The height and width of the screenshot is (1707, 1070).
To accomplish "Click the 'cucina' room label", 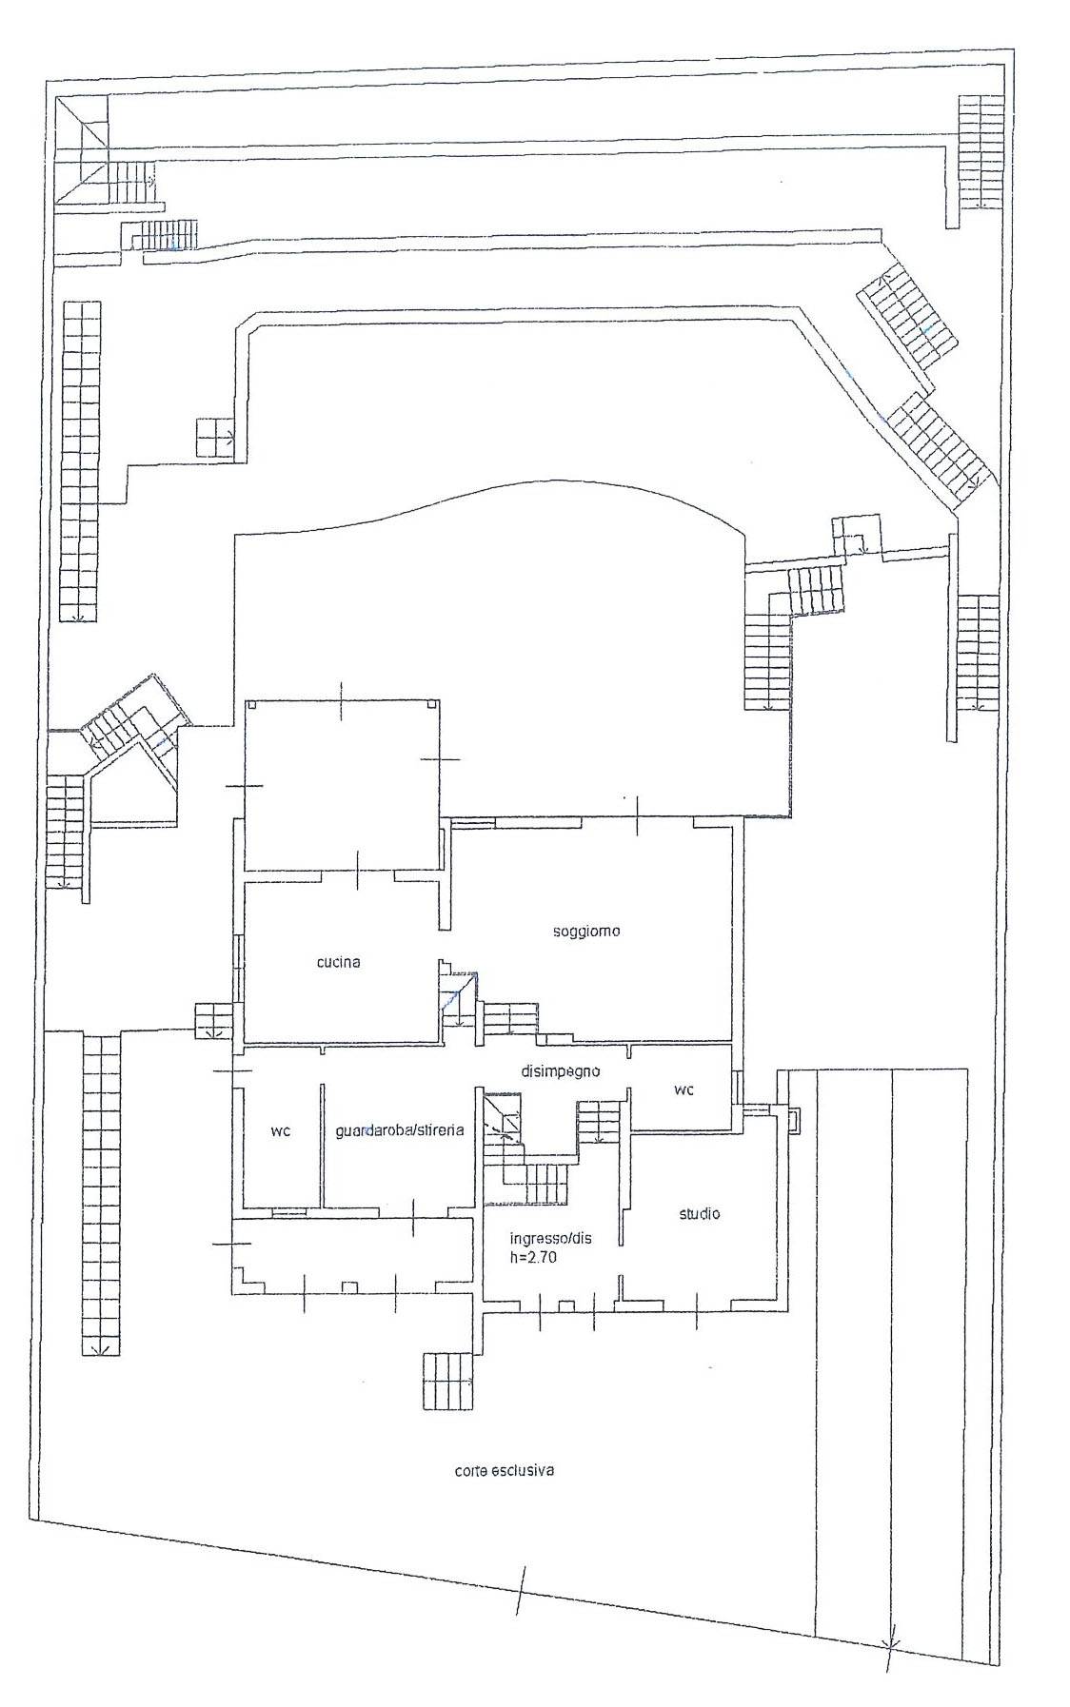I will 338,962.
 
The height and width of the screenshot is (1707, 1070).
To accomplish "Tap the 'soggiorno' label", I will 586,931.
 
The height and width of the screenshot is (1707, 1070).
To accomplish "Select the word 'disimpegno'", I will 560,1070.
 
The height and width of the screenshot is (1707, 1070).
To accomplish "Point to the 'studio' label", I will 699,1213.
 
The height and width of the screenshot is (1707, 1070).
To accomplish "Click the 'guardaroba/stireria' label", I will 400,1130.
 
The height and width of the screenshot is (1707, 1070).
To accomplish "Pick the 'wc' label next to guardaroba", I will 280,1131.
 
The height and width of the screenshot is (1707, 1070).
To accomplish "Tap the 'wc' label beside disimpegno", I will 684,1089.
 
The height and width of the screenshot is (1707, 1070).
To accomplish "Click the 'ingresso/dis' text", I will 550,1238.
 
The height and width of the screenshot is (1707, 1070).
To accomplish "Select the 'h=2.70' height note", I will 533,1256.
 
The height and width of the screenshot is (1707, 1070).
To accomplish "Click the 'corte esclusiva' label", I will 505,1470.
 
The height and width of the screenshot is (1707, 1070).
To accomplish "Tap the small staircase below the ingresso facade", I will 447,1381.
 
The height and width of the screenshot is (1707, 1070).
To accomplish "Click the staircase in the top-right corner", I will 981,152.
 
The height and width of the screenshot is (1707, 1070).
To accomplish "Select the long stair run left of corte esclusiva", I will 101,1194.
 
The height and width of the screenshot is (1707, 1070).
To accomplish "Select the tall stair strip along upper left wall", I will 80,461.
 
